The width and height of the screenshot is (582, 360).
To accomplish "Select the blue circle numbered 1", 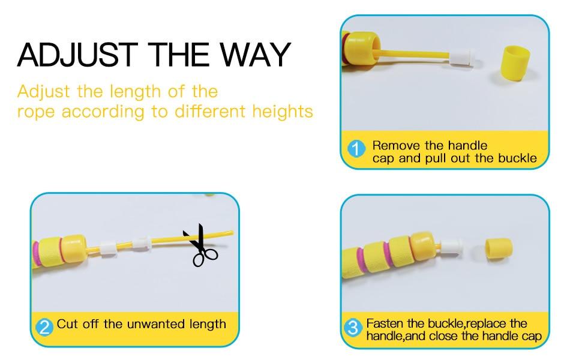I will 357,149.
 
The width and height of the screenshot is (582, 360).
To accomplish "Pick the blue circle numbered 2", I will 44,326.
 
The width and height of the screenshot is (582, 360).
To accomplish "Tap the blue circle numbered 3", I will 354,328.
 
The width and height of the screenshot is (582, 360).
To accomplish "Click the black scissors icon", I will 202,245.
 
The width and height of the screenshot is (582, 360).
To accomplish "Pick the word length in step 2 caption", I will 206,325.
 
